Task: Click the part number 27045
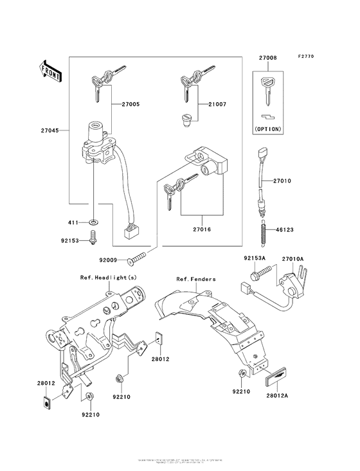50,130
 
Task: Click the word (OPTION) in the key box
268,129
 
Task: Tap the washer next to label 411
94,222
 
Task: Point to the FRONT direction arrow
51,69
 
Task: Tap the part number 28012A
278,396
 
